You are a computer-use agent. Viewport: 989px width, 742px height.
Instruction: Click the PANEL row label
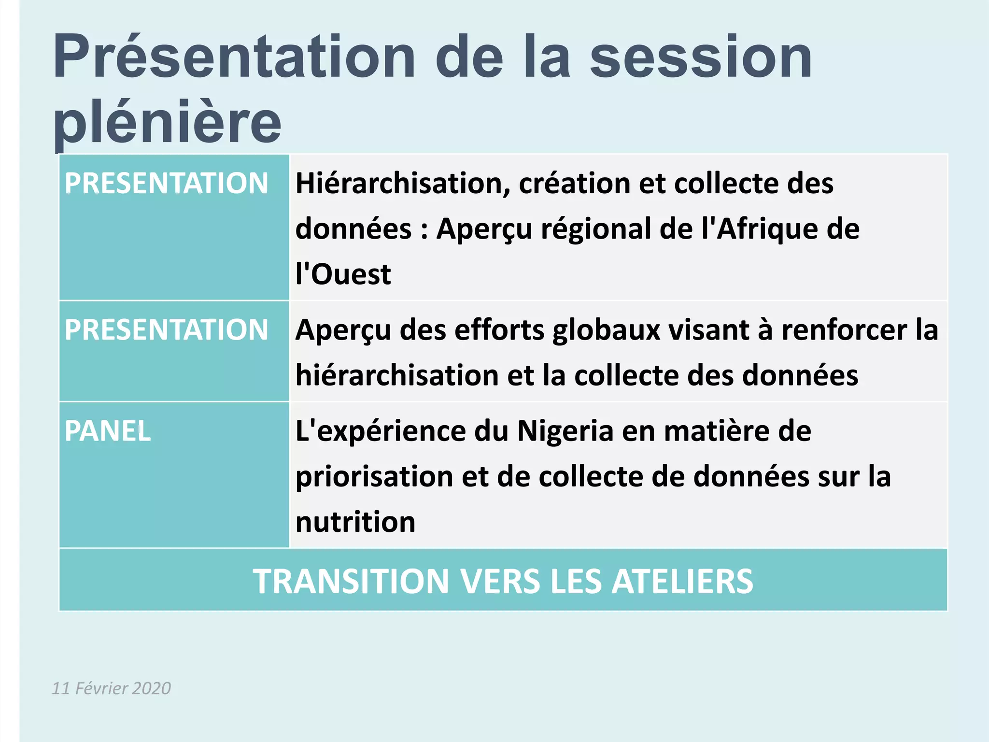coord(108,431)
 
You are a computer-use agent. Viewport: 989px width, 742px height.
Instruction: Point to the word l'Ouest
coord(343,274)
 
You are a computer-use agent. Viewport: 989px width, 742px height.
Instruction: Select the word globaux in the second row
coord(607,330)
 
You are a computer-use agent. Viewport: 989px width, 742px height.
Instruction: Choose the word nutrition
coord(355,522)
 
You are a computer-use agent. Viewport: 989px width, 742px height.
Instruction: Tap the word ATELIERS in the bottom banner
coord(682,581)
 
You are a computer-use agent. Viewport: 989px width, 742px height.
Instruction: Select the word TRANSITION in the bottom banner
coord(352,581)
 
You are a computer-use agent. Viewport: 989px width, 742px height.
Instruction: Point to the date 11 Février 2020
coord(112,688)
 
